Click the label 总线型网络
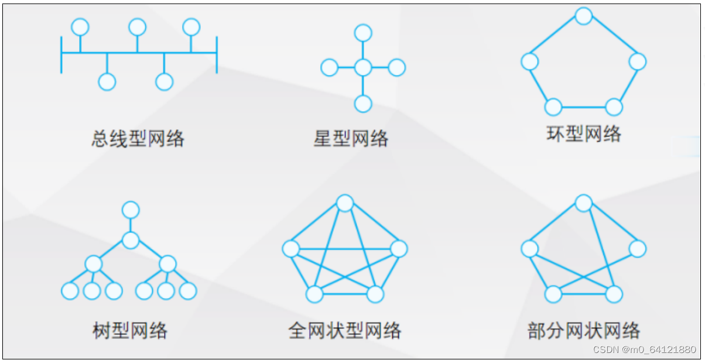coord(138,139)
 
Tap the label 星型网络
coord(351,139)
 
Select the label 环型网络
coord(583,135)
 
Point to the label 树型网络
coord(130,331)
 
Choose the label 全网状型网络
coord(345,331)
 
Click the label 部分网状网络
coord(583,331)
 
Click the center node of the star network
coord(363,68)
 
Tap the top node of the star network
coord(363,33)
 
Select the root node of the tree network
coord(131,210)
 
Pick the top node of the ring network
coord(583,16)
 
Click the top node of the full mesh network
coord(345,203)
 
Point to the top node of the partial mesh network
coord(583,203)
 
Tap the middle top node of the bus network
coord(138,27)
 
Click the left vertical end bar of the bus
coord(61,54)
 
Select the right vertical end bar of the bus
coord(217,54)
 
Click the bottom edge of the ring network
coord(583,107)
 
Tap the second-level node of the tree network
coord(131,240)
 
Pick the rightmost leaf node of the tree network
coord(187,290)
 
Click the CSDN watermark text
coord(645,349)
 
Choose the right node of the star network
coord(396,68)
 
